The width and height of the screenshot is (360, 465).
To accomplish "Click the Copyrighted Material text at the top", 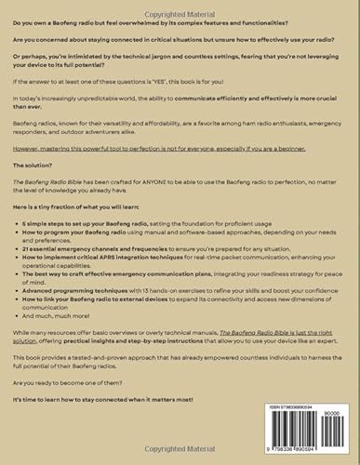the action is pyautogui.click(x=180, y=5).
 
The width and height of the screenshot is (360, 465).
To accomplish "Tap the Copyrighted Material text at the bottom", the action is pyautogui.click(x=180, y=459).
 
